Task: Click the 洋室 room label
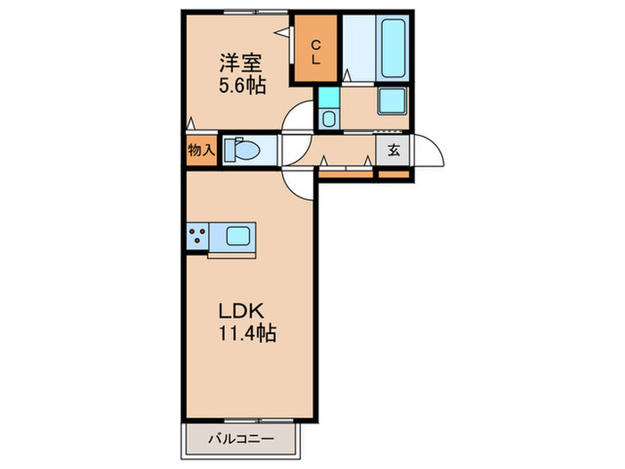point(238,63)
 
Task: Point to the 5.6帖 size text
point(238,87)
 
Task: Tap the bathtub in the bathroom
point(394,46)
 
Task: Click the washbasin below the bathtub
point(391,101)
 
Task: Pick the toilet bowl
point(243,149)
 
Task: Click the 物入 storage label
point(200,150)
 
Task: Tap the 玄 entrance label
point(393,150)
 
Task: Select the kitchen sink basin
point(237,237)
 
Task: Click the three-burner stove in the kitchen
point(196,237)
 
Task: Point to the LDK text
point(238,313)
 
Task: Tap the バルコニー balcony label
point(240,438)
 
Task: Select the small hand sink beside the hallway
point(328,118)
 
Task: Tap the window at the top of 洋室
point(241,12)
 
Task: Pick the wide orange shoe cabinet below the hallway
point(346,174)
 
